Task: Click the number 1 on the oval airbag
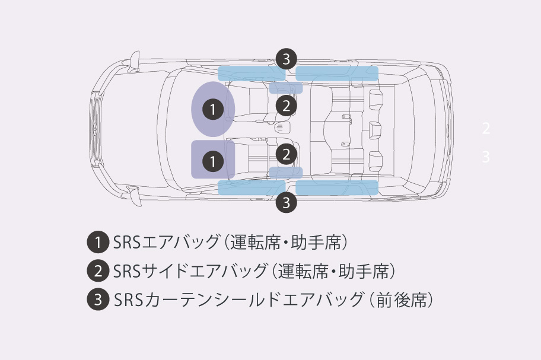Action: tap(212, 109)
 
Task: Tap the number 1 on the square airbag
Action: tap(212, 160)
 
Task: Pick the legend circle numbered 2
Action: tap(97, 271)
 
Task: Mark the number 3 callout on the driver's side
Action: tap(287, 59)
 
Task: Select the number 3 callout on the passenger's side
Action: tap(287, 202)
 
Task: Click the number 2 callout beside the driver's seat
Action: tap(287, 106)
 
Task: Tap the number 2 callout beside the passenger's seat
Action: tap(287, 154)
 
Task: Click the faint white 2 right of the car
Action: tap(486, 128)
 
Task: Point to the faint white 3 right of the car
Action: tap(486, 157)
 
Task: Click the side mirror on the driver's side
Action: tap(135, 59)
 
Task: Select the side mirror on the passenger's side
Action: tap(135, 195)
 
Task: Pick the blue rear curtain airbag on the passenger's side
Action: tap(337, 187)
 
